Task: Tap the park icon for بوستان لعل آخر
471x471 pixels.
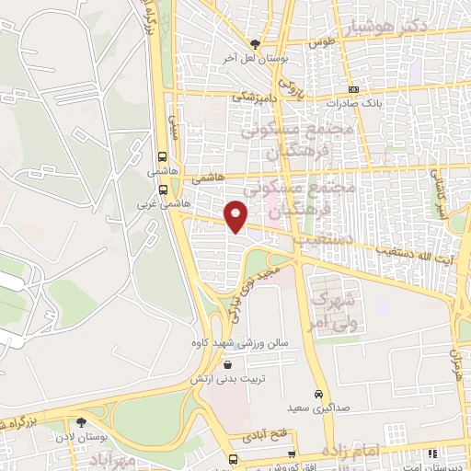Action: [255, 43]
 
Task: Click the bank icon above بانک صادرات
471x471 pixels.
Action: [355, 89]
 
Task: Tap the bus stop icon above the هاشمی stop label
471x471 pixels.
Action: [162, 156]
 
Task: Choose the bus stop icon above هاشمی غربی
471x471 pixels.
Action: [162, 190]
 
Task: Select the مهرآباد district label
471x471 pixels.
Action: [115, 457]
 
